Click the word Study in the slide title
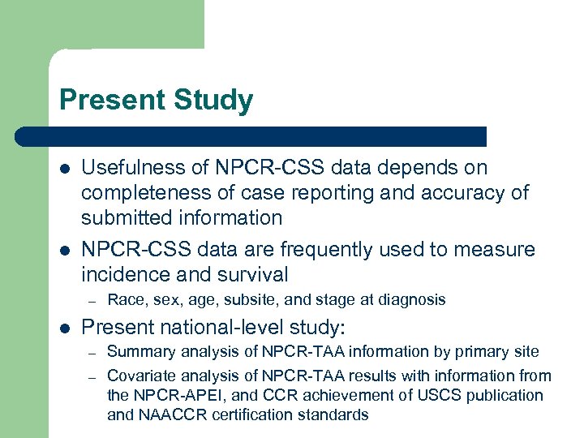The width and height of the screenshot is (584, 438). tap(213, 101)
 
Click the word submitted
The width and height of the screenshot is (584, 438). tap(124, 217)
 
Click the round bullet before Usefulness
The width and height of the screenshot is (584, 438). tap(64, 169)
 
